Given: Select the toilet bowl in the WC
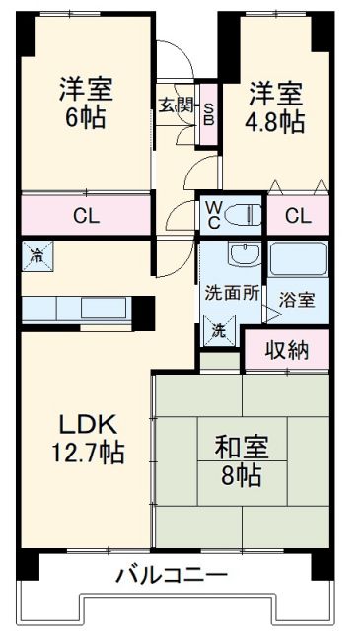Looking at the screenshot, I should click(x=247, y=212).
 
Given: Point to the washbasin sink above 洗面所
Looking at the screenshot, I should click(x=241, y=255).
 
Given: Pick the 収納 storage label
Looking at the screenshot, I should click(x=286, y=348).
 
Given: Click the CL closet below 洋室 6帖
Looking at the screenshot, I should click(x=85, y=216).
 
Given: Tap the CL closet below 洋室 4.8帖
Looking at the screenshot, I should click(x=297, y=216).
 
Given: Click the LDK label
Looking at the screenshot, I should click(x=87, y=426).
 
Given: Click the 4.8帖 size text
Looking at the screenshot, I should click(x=275, y=123).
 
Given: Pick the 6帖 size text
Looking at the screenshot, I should click(x=84, y=116).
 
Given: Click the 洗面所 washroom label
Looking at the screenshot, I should click(x=233, y=292).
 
